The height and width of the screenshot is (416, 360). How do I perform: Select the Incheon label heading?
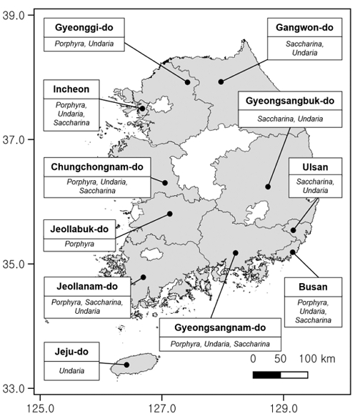click(x=71, y=89)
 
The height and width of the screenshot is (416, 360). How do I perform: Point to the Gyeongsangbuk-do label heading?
click(x=295, y=101)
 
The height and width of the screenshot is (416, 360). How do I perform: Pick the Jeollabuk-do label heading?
click(x=79, y=229)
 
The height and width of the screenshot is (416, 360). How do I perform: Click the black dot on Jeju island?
click(x=126, y=365)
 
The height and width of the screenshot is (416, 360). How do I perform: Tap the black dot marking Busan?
click(x=292, y=252)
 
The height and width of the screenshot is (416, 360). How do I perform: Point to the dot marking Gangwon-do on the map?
click(x=221, y=81)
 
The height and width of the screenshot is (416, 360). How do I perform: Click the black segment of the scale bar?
click(x=266, y=374)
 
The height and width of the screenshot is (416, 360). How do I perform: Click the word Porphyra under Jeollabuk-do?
click(x=79, y=244)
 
